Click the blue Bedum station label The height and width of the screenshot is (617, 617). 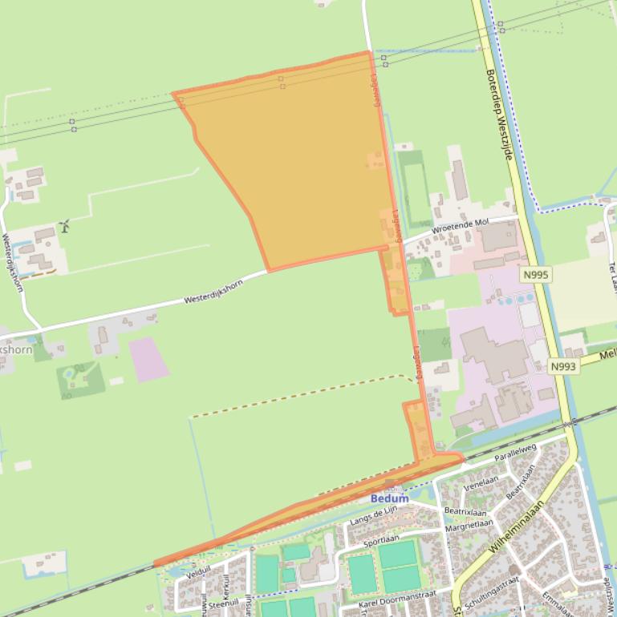coord(389,498)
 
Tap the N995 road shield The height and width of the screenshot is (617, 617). coord(535,275)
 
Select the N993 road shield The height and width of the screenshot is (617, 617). coord(563,366)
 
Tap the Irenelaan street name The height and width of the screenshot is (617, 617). coord(481,480)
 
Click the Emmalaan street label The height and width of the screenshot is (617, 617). coord(559,602)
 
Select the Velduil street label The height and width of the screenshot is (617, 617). coord(197,575)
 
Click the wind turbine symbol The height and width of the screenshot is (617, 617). coord(64,225)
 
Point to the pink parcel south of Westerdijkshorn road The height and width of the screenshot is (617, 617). coord(148,358)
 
